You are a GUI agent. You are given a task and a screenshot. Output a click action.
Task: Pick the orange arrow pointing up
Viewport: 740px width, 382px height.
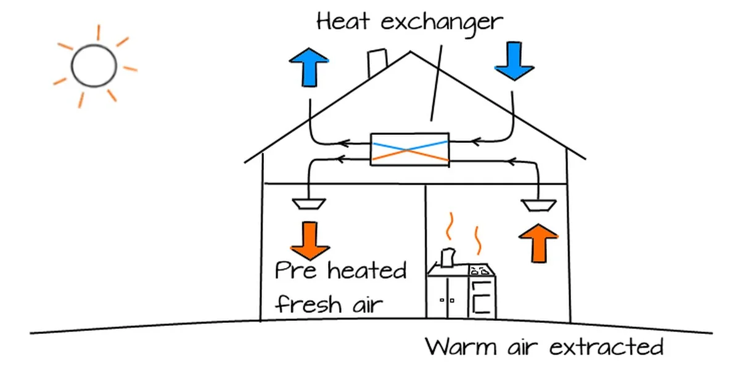[x=538, y=243]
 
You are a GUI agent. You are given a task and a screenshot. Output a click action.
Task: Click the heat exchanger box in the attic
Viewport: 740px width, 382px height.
[x=409, y=149]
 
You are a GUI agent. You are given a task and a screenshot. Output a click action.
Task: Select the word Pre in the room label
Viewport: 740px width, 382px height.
[x=297, y=271]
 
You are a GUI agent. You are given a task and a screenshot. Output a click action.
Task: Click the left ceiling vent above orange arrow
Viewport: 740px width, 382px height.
[x=307, y=203]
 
